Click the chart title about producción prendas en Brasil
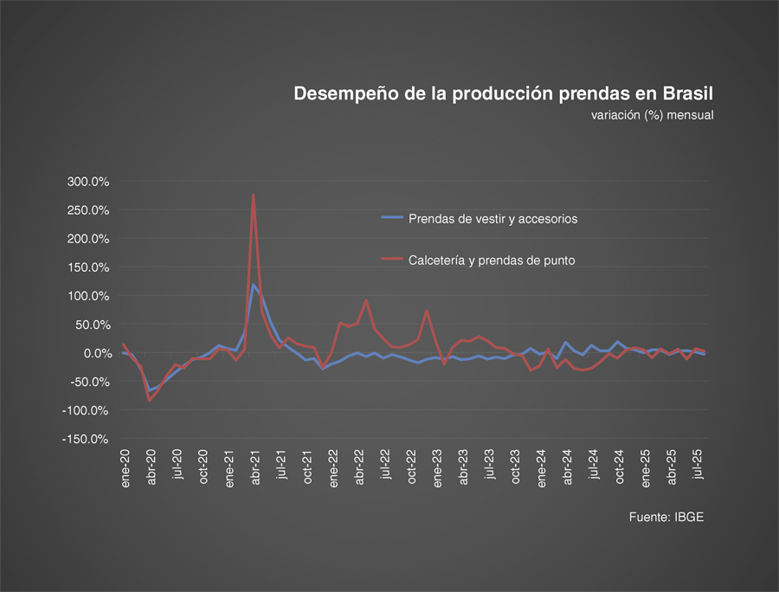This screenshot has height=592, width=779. tap(503, 93)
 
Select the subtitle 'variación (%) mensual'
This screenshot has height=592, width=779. tap(652, 114)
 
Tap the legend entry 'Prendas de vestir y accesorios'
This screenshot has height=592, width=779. tap(493, 218)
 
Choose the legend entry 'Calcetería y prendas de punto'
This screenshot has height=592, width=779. tap(491, 260)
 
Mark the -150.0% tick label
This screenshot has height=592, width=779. tap(85, 439)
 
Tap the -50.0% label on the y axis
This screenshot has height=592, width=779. tap(87, 382)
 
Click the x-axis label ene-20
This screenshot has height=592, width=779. tap(126, 468)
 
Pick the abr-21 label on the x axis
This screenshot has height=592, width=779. tap(255, 468)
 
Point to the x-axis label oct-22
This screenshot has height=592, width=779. tap(412, 468)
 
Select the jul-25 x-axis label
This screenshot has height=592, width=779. tap(698, 467)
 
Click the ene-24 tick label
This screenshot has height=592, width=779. tap(542, 468)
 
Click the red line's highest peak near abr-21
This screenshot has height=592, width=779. tap(254, 196)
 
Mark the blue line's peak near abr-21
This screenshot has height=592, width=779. tap(254, 285)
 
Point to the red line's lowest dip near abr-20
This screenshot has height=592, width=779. tap(150, 400)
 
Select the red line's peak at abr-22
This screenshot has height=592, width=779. tap(366, 301)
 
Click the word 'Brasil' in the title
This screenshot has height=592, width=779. tap(688, 93)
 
